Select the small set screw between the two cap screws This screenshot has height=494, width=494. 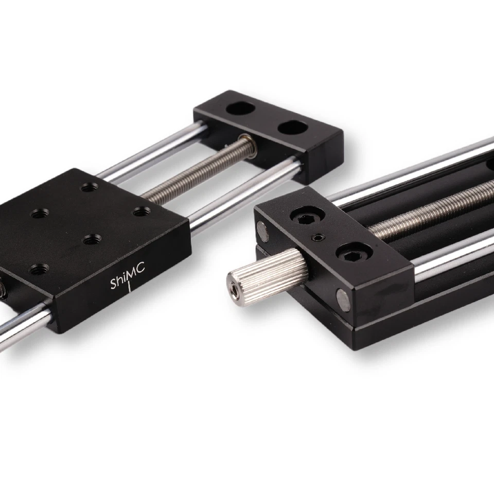(x=320, y=237)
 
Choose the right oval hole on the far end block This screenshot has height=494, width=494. (x=292, y=127)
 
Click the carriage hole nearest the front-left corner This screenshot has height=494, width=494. (x=40, y=268)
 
